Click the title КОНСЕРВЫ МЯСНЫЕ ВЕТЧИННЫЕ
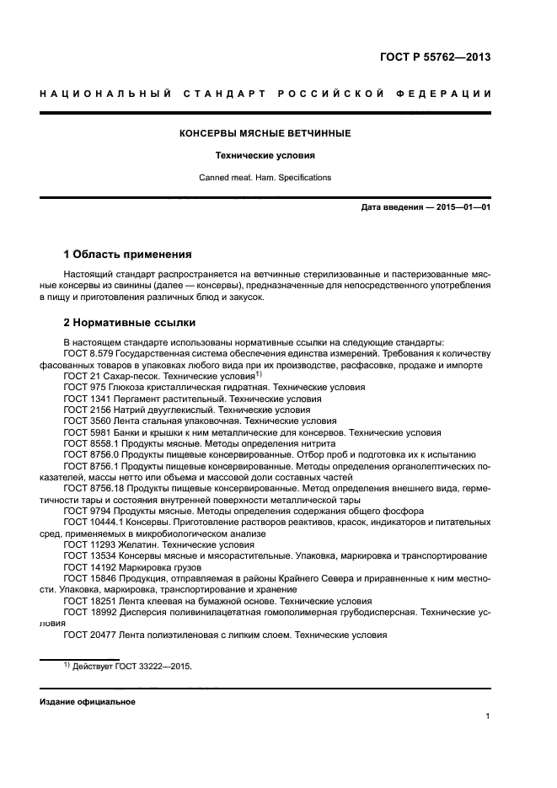click(x=265, y=133)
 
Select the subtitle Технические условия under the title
click(x=265, y=156)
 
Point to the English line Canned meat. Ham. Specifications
click(x=265, y=178)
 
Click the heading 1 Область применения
click(x=128, y=254)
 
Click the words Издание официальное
click(x=88, y=701)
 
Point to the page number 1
click(x=488, y=716)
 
